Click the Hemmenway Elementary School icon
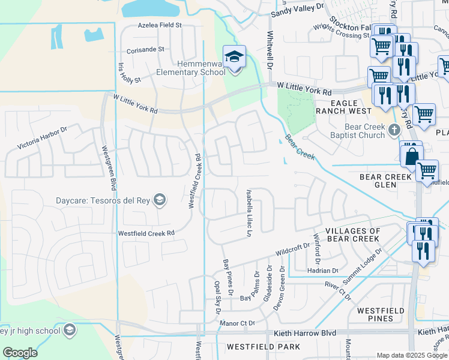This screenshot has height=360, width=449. click(235, 58)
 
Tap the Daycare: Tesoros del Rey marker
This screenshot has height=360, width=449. click(160, 200)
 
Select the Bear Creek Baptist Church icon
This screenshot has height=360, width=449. click(394, 130)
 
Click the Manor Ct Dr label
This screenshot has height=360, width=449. click(238, 323)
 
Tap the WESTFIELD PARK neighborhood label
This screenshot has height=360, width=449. click(264, 347)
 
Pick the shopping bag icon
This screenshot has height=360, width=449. click(412, 156)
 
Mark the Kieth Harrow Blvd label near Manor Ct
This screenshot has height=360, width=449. click(304, 332)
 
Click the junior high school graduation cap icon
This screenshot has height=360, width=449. click(70, 331)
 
